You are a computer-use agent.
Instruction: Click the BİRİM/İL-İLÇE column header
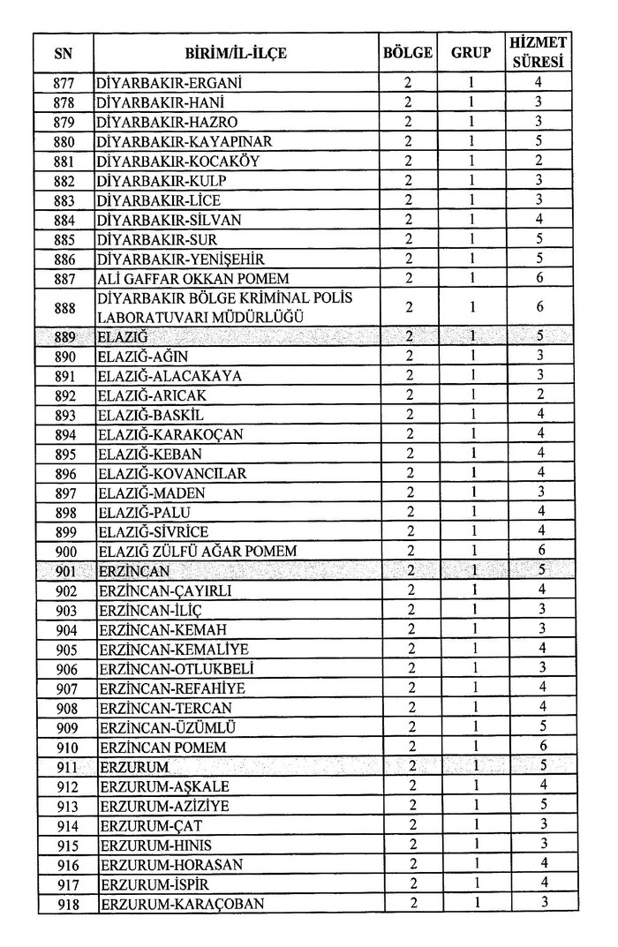[x=236, y=54]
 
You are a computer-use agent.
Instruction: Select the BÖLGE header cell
[x=407, y=54]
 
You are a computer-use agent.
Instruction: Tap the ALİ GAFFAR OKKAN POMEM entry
[x=183, y=278]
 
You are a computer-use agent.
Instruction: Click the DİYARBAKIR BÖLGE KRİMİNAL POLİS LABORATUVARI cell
[x=224, y=307]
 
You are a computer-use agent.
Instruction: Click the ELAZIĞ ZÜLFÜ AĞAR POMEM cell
[x=196, y=551]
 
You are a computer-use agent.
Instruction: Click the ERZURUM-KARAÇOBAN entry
[x=182, y=903]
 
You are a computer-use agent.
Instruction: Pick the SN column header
[x=64, y=54]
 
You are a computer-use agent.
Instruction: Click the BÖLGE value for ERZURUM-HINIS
[x=407, y=845]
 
